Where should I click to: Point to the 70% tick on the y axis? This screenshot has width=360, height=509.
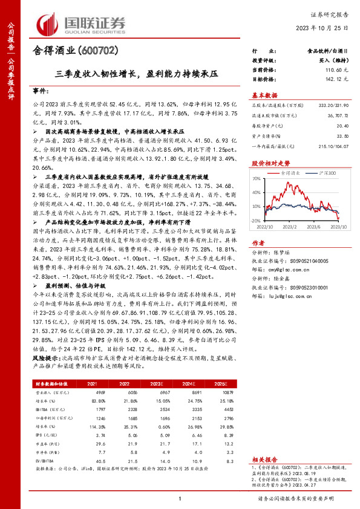tap(257, 179)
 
